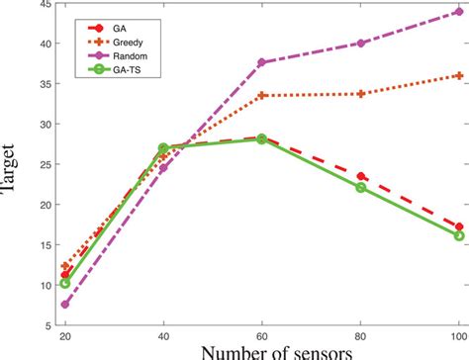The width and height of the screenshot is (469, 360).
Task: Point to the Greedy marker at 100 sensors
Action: tap(459, 75)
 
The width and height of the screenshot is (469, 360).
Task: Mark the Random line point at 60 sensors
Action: tap(262, 62)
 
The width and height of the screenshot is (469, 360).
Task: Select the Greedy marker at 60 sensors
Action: tap(262, 95)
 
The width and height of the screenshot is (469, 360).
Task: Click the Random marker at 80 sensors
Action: tap(361, 43)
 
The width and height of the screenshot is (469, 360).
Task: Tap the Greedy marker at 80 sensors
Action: tap(361, 94)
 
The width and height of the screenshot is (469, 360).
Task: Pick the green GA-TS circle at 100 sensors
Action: tap(459, 235)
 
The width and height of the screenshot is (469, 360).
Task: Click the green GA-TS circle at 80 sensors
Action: tap(361, 187)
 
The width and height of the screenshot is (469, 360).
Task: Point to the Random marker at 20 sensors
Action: tap(65, 305)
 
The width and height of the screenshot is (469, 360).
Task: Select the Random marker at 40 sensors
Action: tap(163, 168)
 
